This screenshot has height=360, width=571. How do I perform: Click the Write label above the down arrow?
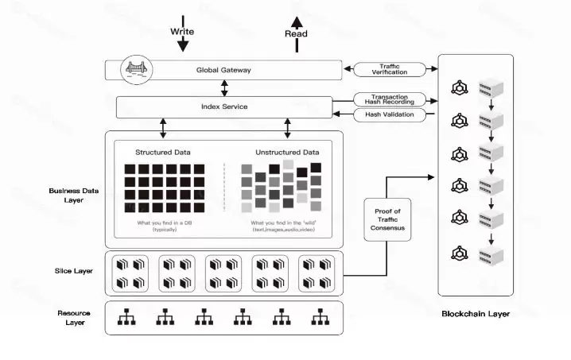click(182, 32)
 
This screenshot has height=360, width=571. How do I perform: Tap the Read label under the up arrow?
click(296, 34)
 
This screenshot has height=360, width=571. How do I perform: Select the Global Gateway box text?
click(223, 70)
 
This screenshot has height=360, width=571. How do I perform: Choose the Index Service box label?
click(223, 106)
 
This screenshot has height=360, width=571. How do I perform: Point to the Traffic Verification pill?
click(390, 70)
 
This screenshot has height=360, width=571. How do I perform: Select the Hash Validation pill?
click(390, 114)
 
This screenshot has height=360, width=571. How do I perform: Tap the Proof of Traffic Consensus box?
click(389, 220)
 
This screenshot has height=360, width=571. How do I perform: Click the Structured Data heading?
click(163, 152)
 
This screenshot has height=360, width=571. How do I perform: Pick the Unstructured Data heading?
click(287, 152)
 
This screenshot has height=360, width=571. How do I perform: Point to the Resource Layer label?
click(74, 318)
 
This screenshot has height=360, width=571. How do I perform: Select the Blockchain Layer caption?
click(476, 314)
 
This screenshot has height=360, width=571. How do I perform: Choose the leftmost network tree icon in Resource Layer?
click(126, 317)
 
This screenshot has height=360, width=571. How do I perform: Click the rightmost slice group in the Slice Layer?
click(316, 273)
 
